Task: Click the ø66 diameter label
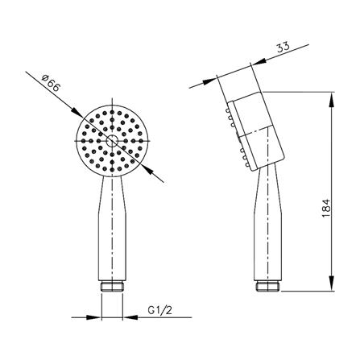[50, 83]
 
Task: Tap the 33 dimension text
[283, 48]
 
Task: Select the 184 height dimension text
[325, 209]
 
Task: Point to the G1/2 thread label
[159, 310]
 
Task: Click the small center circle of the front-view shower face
[112, 141]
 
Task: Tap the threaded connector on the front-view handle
[112, 287]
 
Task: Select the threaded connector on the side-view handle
[267, 286]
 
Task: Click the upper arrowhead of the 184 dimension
[332, 100]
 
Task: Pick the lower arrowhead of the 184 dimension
[332, 283]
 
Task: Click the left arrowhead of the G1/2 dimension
[93, 317]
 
